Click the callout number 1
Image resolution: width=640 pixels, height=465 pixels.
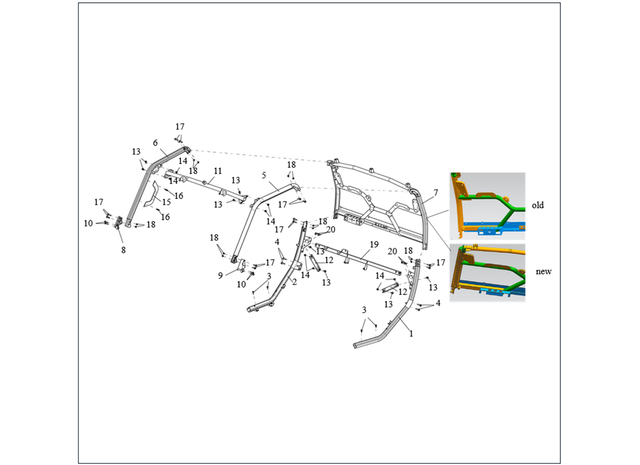[411, 334]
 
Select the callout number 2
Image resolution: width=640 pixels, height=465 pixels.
[294, 281]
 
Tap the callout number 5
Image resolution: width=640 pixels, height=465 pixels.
[264, 176]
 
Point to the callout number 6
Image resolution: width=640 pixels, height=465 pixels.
[155, 143]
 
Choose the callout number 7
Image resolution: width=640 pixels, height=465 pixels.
[436, 192]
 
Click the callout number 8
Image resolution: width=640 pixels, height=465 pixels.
[123, 250]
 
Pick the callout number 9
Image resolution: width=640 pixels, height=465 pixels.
[221, 276]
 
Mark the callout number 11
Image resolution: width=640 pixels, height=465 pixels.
[218, 171]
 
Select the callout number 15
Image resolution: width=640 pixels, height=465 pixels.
[166, 202]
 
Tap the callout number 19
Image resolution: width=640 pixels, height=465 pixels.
[374, 245]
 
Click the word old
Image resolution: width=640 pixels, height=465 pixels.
[538, 205]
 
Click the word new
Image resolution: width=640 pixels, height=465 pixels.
[543, 271]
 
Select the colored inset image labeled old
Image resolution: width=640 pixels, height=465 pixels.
[488, 206]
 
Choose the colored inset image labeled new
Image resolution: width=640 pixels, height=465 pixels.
[488, 273]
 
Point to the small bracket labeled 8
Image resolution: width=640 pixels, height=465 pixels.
[119, 223]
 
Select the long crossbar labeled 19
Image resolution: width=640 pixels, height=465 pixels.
[359, 260]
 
